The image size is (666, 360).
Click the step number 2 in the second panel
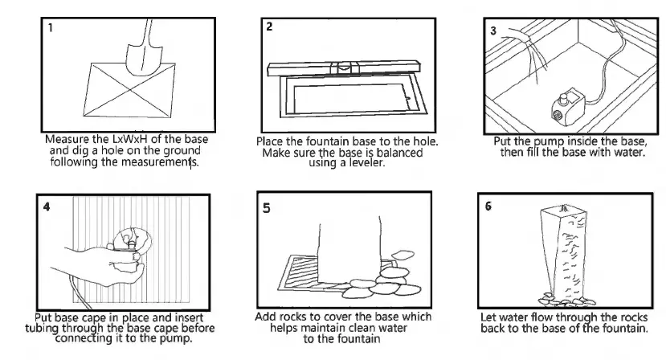tap(271, 27)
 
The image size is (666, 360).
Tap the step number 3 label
tap(494, 30)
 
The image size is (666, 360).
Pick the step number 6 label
tap(489, 206)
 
